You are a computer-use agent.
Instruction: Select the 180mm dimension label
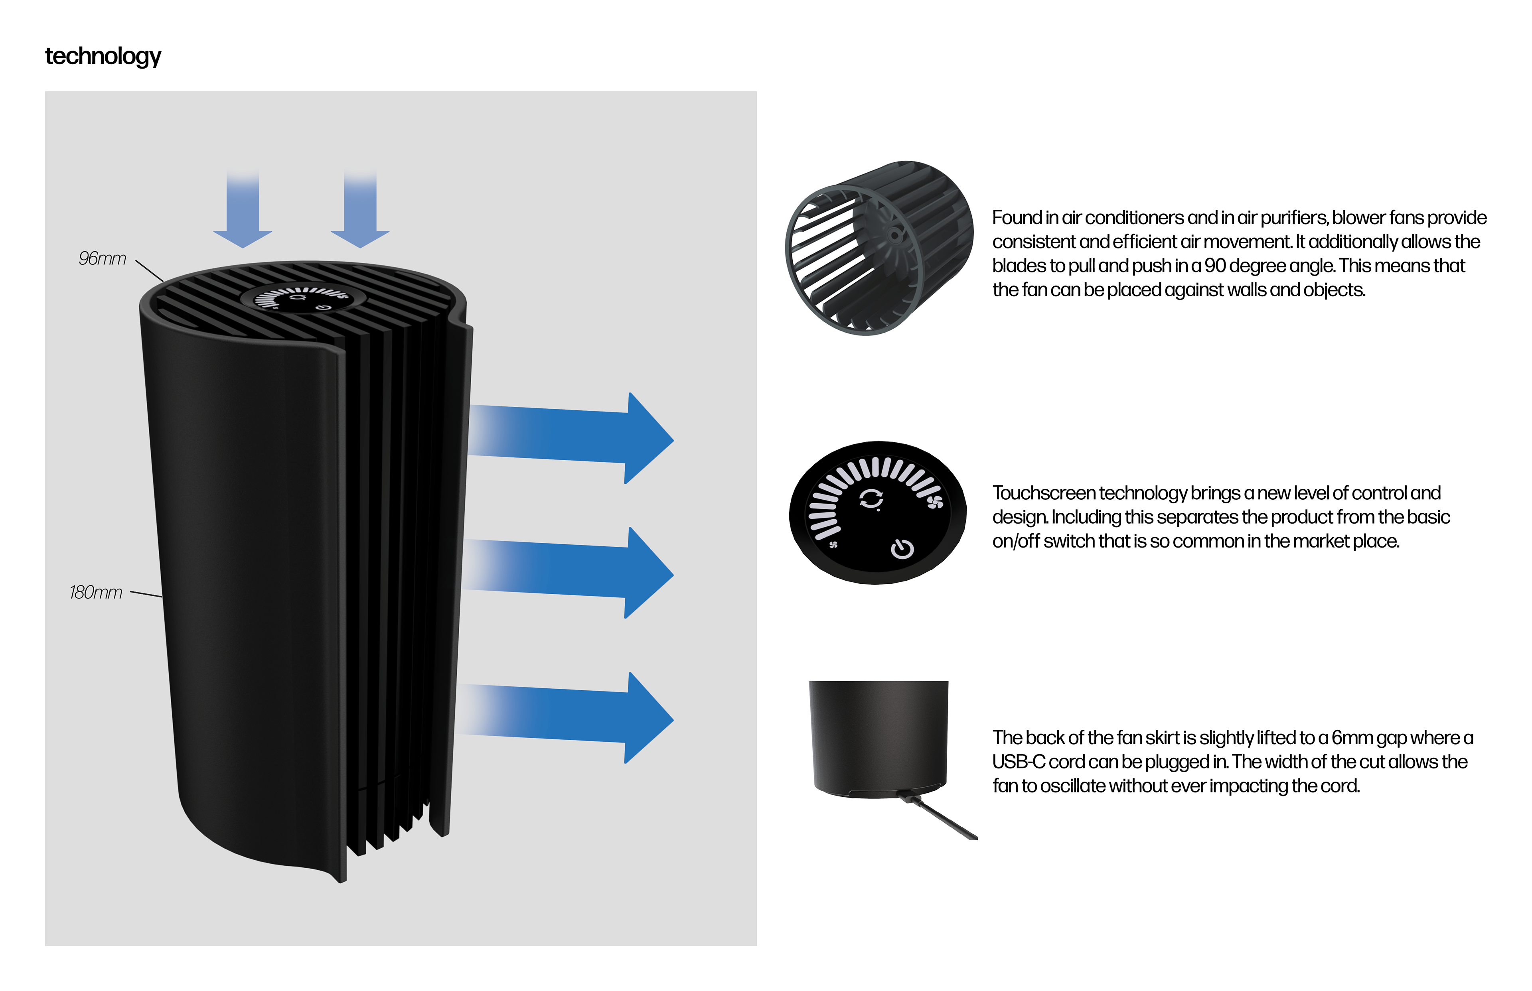(96, 592)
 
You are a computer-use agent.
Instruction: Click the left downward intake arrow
(243, 212)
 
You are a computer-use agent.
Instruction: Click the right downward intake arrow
(360, 212)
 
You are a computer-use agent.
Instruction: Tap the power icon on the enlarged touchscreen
(902, 549)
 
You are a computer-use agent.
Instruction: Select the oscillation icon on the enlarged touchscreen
(872, 499)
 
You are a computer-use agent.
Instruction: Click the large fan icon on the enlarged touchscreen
(935, 502)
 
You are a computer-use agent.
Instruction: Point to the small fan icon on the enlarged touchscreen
(833, 545)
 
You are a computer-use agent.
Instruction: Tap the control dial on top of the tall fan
(302, 298)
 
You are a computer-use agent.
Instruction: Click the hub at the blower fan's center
(894, 236)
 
